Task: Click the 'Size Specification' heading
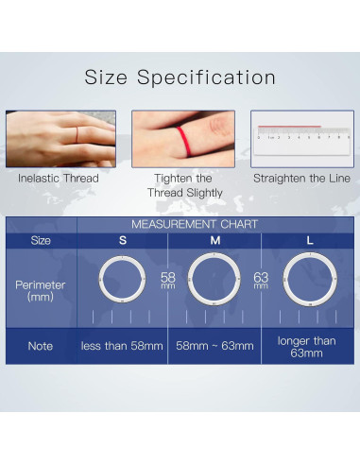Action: tap(180, 77)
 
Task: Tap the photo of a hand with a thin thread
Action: tap(60, 138)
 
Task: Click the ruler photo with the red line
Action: tap(300, 138)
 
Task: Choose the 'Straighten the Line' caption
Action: tap(301, 179)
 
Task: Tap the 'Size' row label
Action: tap(41, 240)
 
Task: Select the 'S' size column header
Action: tap(122, 240)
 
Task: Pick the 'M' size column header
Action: tap(215, 240)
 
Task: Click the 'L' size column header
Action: tap(310, 240)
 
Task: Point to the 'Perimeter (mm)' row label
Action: tap(41, 290)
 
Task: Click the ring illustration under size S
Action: tap(122, 281)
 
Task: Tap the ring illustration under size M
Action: tap(215, 281)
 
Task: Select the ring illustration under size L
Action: tap(310, 281)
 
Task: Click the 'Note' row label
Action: tap(41, 346)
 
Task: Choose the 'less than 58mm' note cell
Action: tap(122, 346)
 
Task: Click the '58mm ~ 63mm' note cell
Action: tap(215, 346)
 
